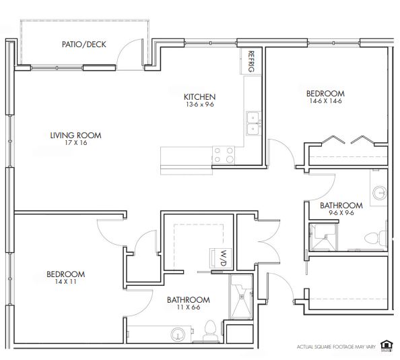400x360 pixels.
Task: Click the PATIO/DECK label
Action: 84,44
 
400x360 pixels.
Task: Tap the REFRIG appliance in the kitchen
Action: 251,61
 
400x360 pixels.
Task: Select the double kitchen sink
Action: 253,123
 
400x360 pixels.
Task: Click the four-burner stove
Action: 224,155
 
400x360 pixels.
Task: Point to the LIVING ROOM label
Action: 76,136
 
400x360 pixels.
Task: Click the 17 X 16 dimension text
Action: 76,143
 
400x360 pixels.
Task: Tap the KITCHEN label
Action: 200,97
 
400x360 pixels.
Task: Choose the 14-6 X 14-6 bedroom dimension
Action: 325,101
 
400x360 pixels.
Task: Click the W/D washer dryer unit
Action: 221,258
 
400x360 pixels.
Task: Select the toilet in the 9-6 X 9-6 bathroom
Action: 375,238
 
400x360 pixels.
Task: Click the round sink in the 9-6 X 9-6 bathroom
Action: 380,193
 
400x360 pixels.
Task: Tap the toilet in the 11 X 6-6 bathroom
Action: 211,331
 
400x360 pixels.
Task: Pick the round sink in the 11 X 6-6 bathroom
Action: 178,334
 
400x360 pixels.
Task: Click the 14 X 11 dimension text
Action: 65,282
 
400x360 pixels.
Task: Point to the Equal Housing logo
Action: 387,346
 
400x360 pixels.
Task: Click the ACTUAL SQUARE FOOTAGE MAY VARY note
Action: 336,347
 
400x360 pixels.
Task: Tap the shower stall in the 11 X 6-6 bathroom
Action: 241,297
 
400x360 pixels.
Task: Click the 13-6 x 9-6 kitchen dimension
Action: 200,104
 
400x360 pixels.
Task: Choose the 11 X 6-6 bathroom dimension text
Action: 189,307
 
